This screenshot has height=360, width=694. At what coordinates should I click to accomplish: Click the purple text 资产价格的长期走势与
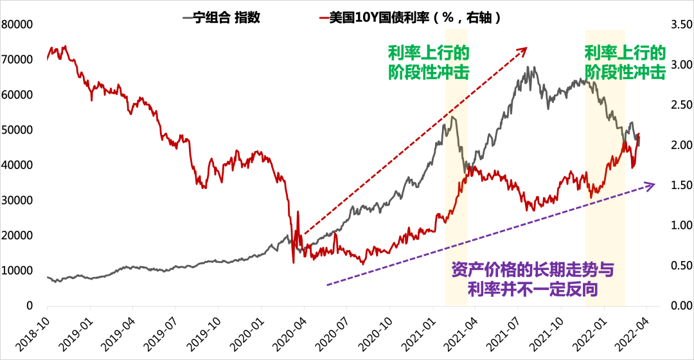tap(533, 269)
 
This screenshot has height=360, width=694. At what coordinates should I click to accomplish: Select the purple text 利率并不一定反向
tap(533, 289)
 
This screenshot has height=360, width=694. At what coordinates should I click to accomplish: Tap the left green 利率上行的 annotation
tap(429, 53)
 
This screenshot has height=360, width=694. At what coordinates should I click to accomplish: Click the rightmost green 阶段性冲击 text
tap(625, 72)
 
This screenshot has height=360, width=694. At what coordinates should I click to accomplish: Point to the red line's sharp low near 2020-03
tap(294, 262)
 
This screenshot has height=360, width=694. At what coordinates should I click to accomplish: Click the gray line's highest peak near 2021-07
tap(528, 67)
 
